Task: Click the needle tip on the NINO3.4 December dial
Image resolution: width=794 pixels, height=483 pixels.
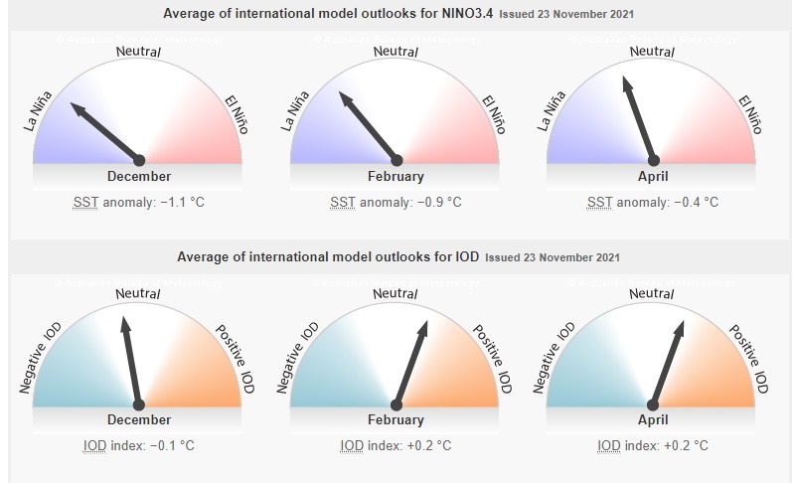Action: (70, 102)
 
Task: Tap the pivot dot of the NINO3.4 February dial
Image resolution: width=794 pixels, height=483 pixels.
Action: (397, 160)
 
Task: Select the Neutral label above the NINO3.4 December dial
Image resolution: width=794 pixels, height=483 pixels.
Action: (139, 50)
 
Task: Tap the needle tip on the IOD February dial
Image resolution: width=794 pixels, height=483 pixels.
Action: (426, 322)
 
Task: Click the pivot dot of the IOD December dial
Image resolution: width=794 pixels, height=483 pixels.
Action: (139, 403)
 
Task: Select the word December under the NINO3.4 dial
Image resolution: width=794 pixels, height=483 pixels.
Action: (139, 176)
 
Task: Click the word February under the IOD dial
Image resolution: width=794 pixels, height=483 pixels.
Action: (397, 419)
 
